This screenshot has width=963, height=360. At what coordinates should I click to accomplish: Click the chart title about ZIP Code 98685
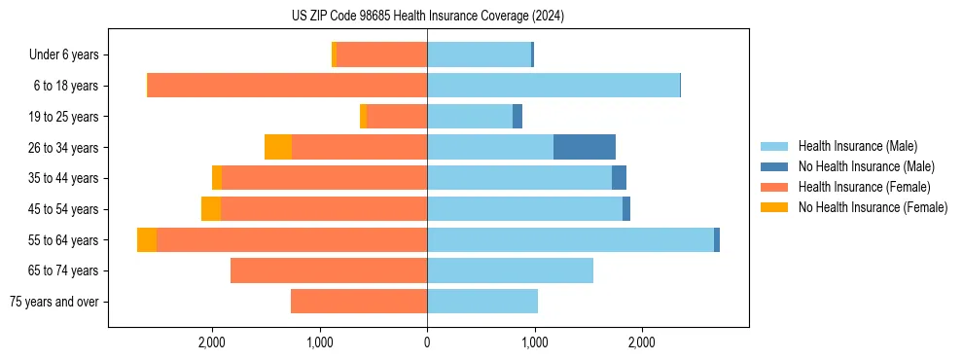coord(427,16)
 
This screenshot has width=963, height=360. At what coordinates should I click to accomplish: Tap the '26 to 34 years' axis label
coord(64,148)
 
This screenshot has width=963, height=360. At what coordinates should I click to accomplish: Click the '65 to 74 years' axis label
coord(64,270)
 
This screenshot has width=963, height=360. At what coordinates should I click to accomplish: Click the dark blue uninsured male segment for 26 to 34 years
coord(584,147)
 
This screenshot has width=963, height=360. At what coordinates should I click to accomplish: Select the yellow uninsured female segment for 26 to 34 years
coord(278,147)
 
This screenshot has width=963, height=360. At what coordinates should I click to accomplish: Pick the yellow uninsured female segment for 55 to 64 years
coord(147,239)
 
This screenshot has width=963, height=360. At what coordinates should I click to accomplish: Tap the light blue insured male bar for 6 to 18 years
coord(553,86)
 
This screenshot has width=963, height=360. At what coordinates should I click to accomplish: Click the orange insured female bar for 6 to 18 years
coord(287,86)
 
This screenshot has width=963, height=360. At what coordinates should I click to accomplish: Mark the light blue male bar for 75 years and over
coord(481,302)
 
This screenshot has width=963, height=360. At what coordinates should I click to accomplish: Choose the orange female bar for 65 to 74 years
coord(329,270)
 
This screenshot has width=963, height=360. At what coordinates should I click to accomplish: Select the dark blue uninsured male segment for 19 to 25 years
coord(517,117)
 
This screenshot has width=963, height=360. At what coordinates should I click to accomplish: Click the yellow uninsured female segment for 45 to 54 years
coord(211,209)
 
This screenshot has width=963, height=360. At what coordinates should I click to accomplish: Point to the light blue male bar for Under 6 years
coord(479,54)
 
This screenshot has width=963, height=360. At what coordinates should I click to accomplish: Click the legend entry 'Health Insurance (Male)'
coord(857,146)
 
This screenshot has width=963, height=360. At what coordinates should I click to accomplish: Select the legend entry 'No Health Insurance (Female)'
coord(873,207)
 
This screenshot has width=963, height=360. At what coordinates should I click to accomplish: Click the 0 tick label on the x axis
coord(427,342)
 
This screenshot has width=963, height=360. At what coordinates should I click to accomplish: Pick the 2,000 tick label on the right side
coord(641,342)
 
